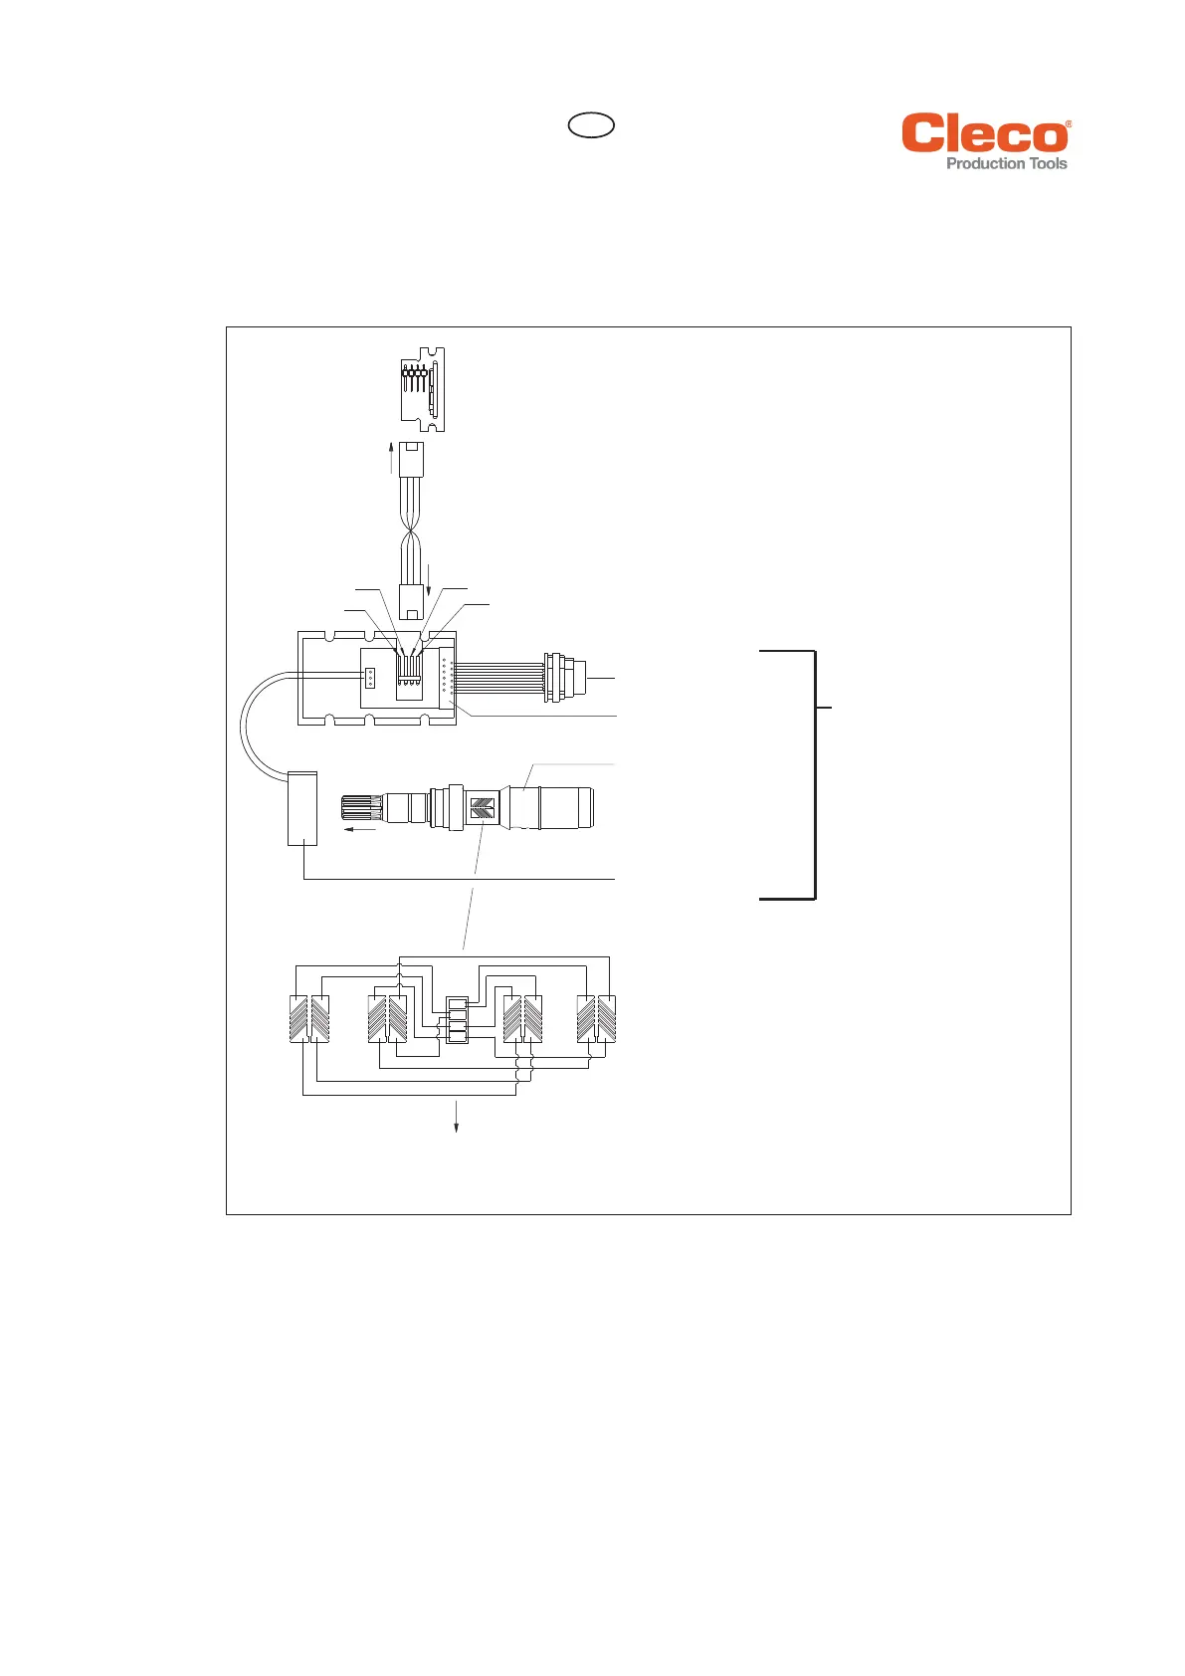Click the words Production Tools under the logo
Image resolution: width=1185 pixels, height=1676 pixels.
[x=1006, y=163]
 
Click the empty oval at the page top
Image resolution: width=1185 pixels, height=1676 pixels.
[x=591, y=125]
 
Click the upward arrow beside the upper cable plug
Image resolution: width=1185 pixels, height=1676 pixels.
[x=391, y=458]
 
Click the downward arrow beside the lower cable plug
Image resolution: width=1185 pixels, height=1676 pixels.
[x=429, y=580]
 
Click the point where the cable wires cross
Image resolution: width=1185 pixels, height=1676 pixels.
[x=410, y=531]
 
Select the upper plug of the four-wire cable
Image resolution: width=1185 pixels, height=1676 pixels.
[x=412, y=460]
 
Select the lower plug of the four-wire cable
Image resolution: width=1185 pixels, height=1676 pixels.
[x=412, y=601]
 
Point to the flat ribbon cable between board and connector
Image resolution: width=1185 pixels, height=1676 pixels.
[x=499, y=678]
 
